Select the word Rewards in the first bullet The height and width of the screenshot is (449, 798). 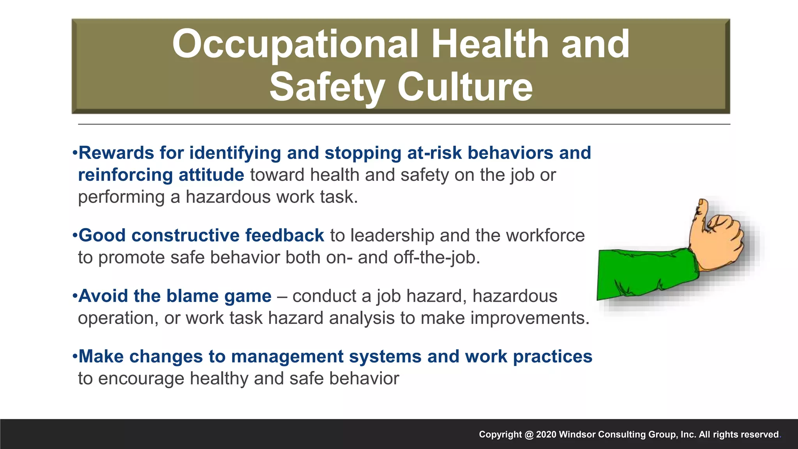pos(116,153)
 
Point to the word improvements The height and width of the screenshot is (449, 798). pos(530,318)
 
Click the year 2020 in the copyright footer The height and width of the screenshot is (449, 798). pos(546,435)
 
